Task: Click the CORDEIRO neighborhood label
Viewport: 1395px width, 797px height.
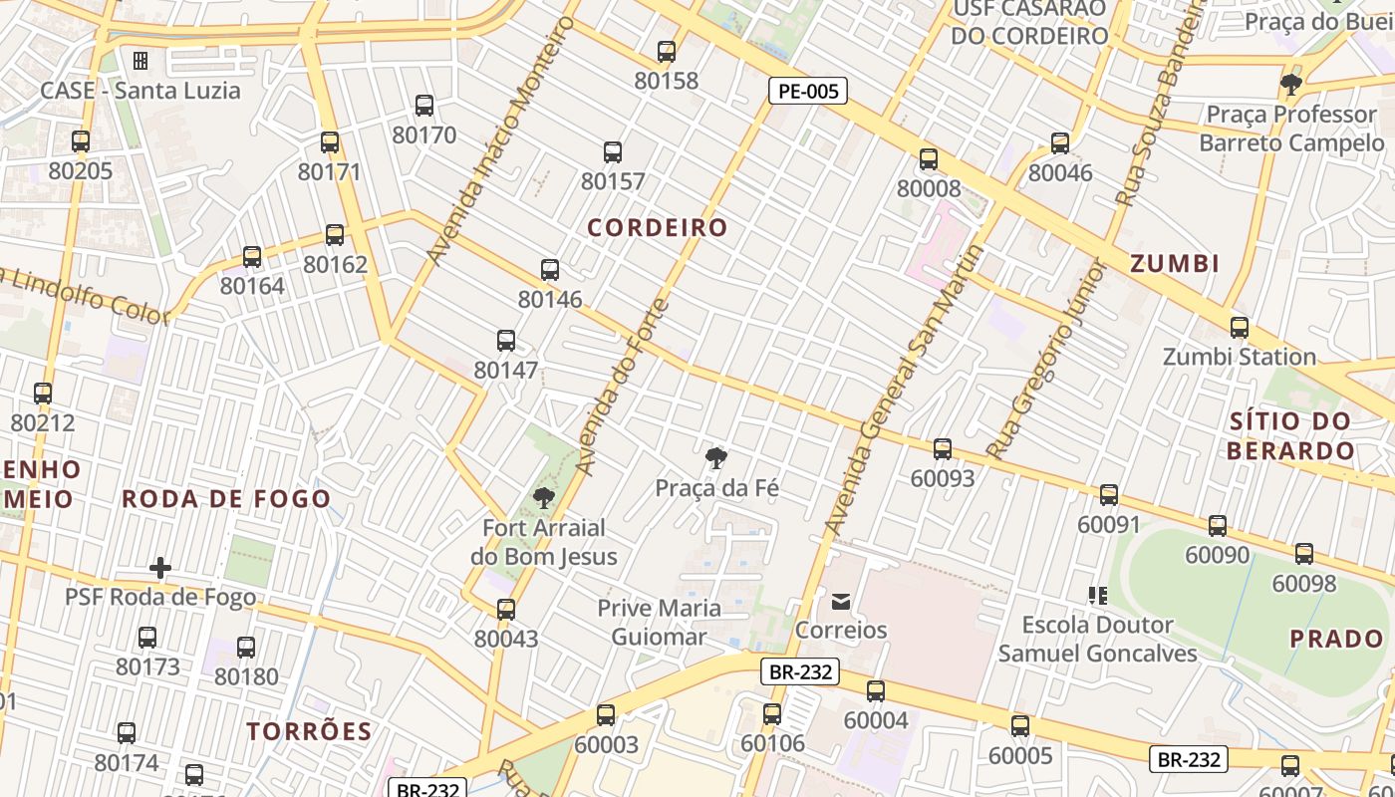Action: click(658, 227)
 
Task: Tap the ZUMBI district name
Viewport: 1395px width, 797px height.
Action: click(1175, 264)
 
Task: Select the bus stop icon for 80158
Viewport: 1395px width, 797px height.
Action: click(667, 52)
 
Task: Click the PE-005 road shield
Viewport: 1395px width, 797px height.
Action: click(808, 92)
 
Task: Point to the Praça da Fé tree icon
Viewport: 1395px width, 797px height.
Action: click(715, 459)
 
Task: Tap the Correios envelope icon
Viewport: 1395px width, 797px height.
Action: click(841, 601)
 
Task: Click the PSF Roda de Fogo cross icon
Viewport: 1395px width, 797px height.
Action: click(160, 568)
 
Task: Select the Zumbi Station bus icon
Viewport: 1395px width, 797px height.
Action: click(1240, 328)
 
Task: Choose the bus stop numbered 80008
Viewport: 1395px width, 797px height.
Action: click(929, 159)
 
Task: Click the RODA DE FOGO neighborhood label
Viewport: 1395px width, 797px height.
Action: click(226, 499)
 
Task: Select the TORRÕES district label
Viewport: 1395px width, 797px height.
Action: click(309, 731)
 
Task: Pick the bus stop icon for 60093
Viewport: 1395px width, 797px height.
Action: click(943, 449)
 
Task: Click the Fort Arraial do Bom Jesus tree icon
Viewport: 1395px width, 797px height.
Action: click(543, 497)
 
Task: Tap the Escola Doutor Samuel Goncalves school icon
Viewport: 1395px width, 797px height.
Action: click(1098, 596)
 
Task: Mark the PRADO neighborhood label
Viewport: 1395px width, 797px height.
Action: click(1337, 639)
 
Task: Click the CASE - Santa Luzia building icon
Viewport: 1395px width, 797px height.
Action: click(140, 61)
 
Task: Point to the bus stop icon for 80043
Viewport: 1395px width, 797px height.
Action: click(506, 610)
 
